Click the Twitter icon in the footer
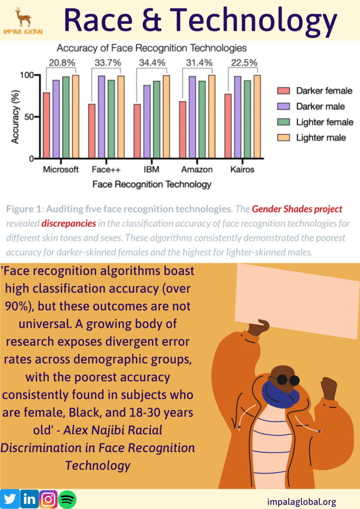coord(10,499)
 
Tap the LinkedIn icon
coord(29,499)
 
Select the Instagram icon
coord(48,499)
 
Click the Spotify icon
coord(67,499)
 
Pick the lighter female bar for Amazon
coord(202,119)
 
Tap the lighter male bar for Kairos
coord(257,116)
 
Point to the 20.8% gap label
coord(62,63)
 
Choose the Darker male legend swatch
coord(283,106)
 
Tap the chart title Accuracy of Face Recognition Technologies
coord(151,48)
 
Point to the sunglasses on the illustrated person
coord(286,380)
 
